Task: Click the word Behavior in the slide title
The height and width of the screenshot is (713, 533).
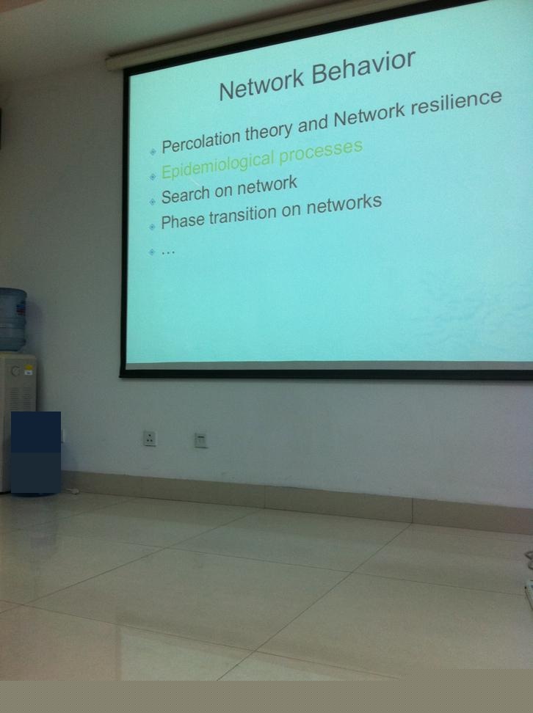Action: click(363, 69)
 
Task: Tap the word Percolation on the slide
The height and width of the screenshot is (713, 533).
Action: click(200, 139)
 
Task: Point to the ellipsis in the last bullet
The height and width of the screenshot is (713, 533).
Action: click(168, 252)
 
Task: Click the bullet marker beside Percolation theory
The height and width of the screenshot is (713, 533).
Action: click(153, 152)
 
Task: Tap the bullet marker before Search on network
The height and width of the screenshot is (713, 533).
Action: click(153, 201)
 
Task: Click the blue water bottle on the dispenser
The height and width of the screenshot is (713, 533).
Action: click(12, 319)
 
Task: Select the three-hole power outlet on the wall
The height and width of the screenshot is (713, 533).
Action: click(149, 439)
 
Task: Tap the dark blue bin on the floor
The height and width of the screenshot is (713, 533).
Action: click(35, 453)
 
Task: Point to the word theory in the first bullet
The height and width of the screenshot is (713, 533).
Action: click(269, 131)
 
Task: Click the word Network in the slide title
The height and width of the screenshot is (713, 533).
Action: click(261, 84)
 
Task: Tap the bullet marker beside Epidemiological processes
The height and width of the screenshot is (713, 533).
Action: click(153, 177)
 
